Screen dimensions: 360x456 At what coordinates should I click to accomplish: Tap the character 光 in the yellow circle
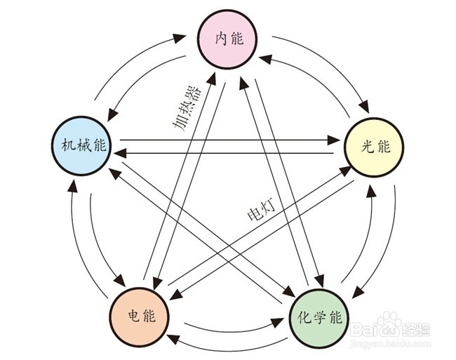click(366, 147)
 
